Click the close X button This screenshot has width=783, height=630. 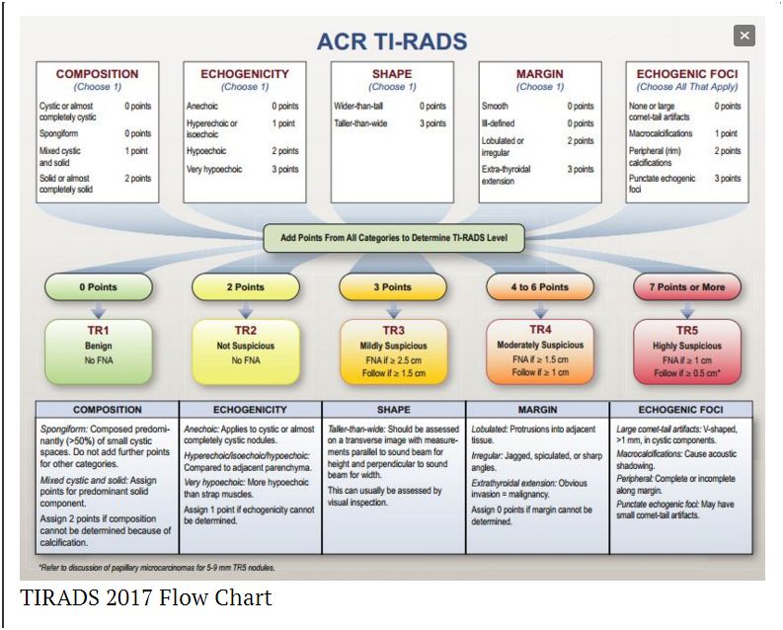tap(744, 36)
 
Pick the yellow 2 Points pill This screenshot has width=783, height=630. tap(245, 287)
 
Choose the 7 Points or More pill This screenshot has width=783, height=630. tap(687, 287)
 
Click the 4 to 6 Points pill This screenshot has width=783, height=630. tap(540, 287)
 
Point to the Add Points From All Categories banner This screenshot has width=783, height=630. tap(394, 238)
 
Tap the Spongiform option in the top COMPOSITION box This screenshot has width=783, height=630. tap(61, 133)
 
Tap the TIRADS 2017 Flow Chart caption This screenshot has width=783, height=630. tap(146, 597)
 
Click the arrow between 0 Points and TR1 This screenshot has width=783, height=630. tap(97, 308)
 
